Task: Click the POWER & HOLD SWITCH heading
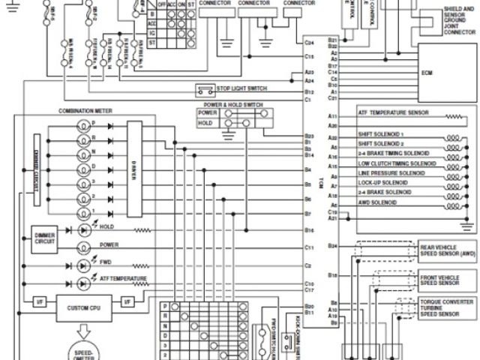point(232,105)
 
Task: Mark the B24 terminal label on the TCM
point(332,246)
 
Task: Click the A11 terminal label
point(332,116)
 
